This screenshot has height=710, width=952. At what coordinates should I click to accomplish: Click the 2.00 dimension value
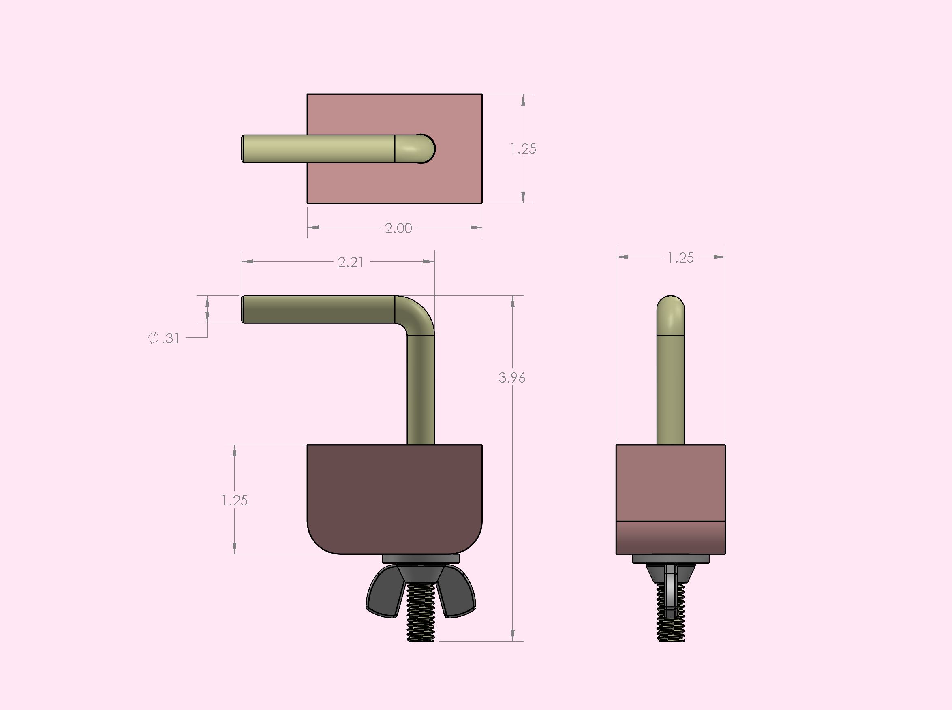point(398,228)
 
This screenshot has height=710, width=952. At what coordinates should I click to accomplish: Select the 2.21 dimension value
point(350,262)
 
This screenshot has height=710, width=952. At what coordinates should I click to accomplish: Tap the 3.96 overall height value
point(512,378)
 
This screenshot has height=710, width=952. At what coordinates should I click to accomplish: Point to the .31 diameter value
point(170,339)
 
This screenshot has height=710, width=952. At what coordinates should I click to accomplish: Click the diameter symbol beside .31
point(153,338)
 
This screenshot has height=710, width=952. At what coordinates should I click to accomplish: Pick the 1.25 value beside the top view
point(523,149)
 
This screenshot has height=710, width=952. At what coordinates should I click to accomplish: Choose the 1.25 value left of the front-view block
point(235,500)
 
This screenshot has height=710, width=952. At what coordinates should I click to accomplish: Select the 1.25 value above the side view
point(681,258)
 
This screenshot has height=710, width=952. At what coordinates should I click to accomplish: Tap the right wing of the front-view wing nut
point(457,592)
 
